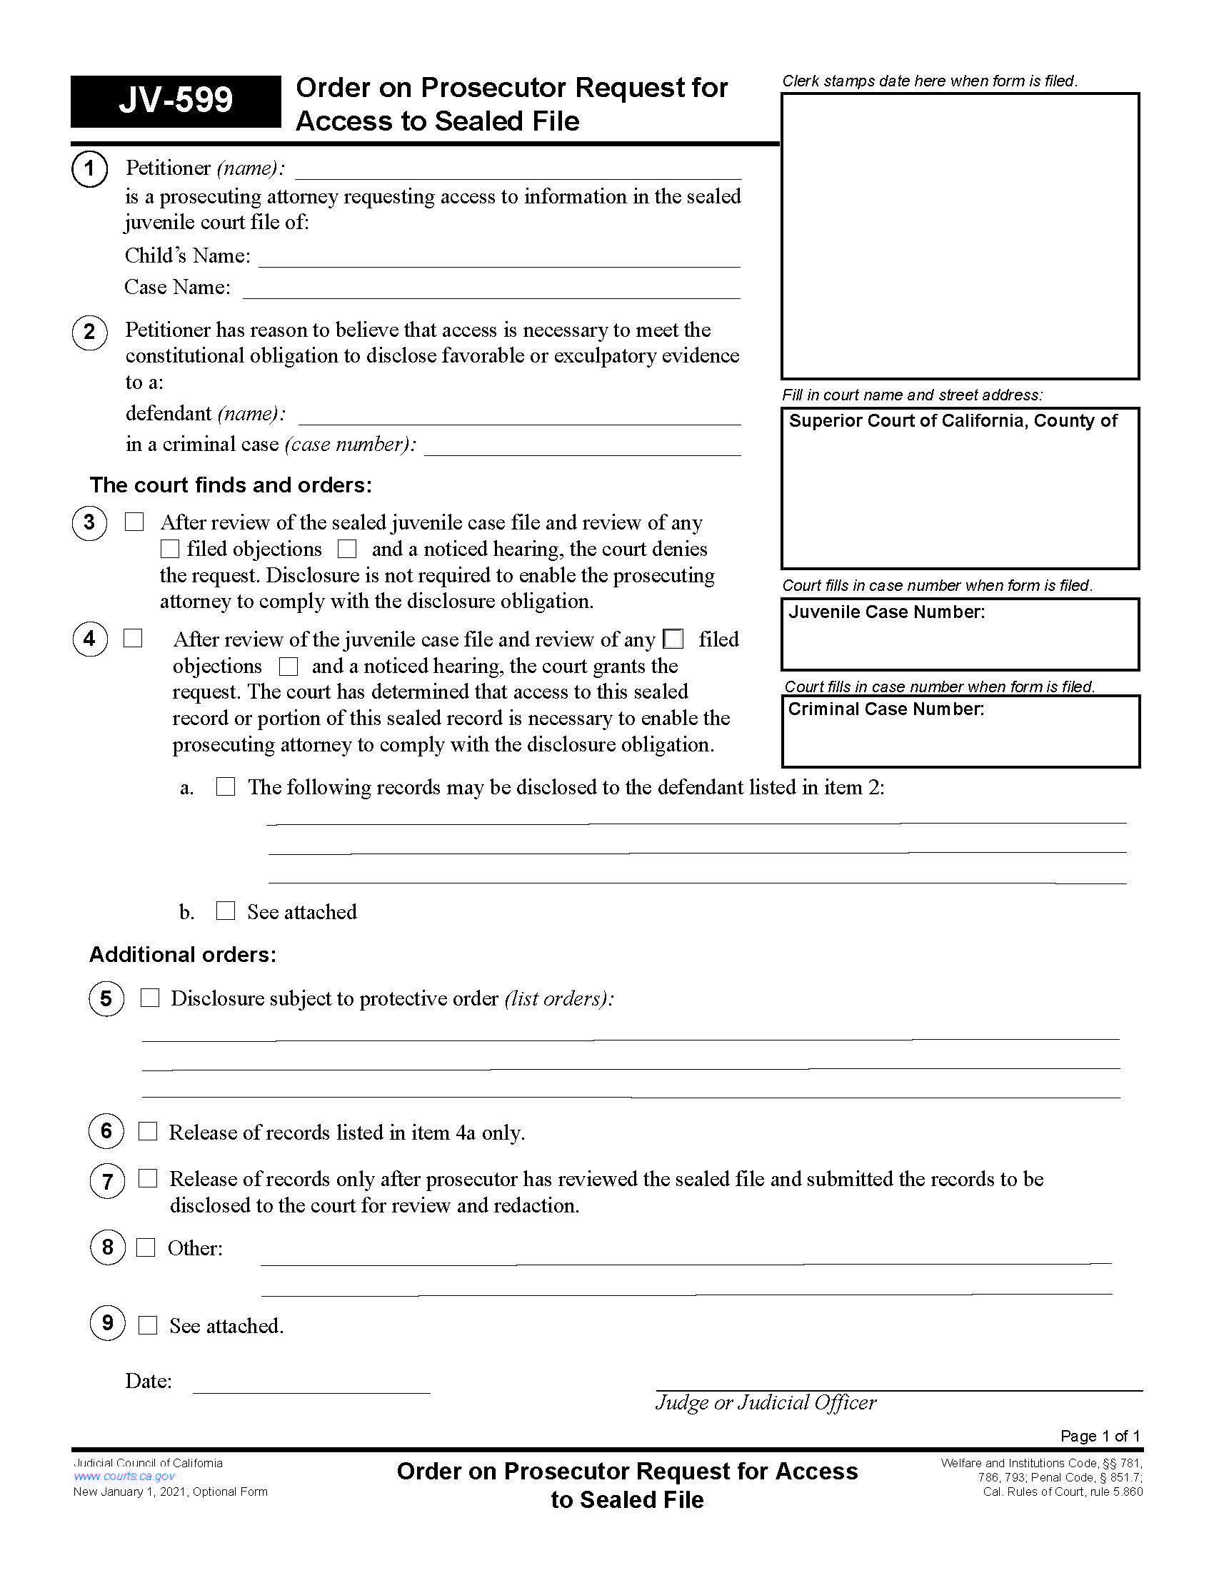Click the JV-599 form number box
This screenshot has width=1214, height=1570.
176,101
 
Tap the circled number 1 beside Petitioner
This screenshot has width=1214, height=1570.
89,169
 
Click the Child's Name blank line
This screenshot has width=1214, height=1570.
498,258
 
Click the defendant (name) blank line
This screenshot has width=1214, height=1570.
518,415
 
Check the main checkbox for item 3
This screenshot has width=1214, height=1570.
134,522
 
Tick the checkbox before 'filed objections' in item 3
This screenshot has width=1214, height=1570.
170,549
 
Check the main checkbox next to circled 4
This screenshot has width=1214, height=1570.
133,639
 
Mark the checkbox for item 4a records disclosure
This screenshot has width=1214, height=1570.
226,786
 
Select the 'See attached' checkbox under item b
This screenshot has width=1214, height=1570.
226,911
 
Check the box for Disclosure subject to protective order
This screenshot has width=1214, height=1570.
149,998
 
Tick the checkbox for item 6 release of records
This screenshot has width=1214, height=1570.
148,1132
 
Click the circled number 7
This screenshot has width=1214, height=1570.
107,1182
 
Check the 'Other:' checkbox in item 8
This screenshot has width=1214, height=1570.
146,1247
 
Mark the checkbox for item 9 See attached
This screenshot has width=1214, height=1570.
148,1325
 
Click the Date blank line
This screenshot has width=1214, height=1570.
311,1383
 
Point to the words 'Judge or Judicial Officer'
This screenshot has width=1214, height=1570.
766,1402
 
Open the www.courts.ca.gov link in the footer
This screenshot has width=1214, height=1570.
124,1477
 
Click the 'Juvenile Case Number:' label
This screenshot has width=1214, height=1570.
886,612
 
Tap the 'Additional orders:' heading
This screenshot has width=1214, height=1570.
183,955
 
